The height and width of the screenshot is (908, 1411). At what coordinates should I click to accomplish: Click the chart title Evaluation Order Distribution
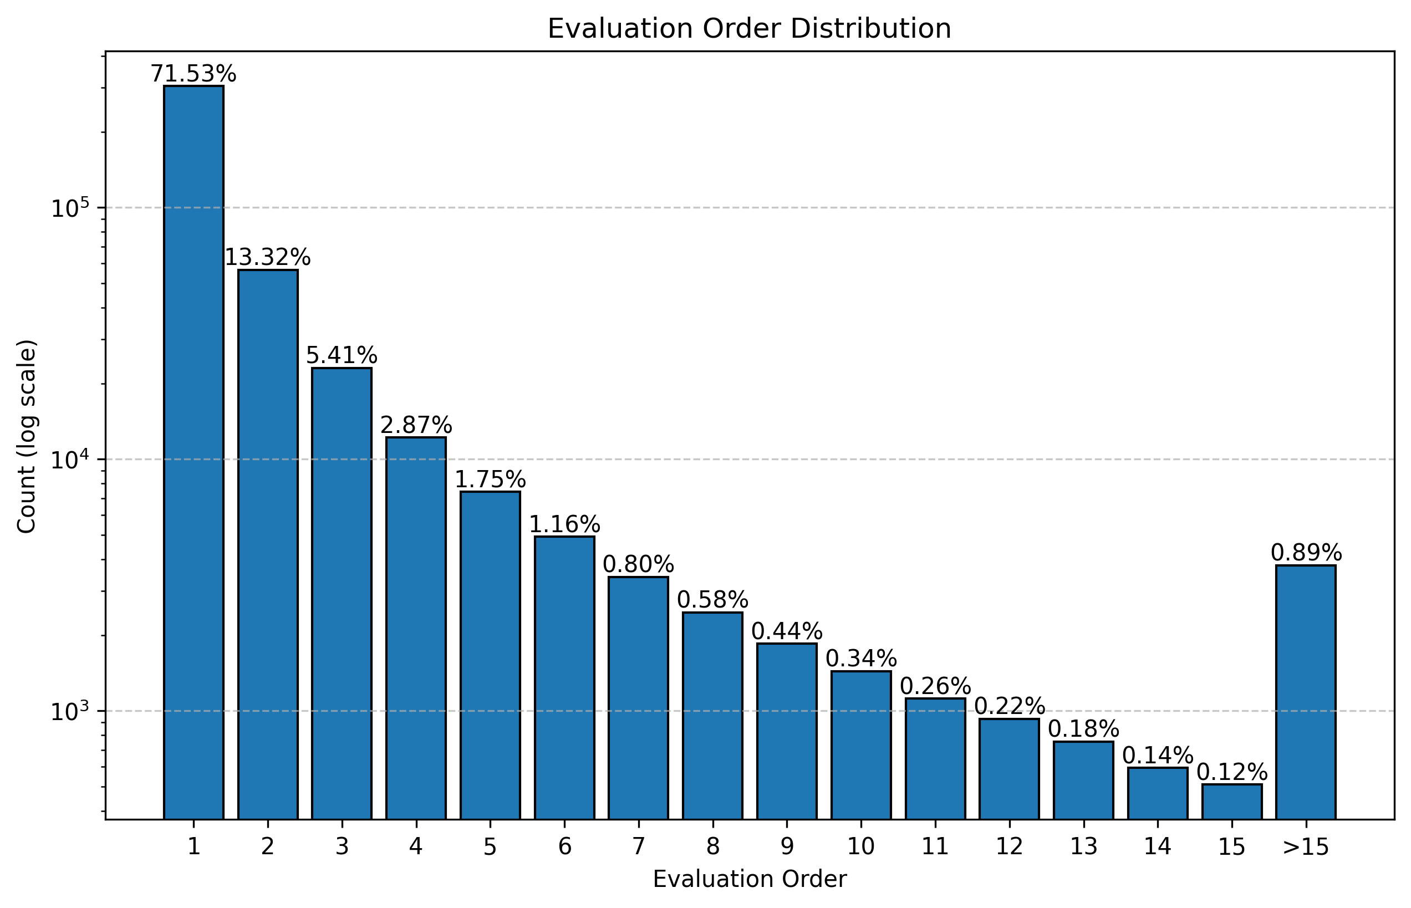coord(749,28)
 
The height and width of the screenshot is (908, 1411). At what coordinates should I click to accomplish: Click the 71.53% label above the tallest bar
coord(193,74)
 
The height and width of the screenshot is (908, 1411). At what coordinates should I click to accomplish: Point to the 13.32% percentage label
coord(268,258)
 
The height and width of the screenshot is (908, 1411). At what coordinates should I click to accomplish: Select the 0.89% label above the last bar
coord(1306,553)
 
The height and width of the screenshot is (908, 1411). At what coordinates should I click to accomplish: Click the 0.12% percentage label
coord(1232,772)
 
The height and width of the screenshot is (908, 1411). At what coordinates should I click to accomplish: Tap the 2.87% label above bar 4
coord(416,425)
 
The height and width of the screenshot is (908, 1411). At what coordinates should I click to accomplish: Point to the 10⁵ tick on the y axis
coord(69,209)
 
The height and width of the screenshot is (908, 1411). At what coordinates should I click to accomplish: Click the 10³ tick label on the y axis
coord(69,712)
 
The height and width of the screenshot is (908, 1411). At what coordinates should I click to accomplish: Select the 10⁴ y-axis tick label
coord(69,461)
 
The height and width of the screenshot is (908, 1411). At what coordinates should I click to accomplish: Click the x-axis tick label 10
coord(860,847)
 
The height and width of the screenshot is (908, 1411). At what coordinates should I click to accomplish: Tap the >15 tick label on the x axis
coord(1306,847)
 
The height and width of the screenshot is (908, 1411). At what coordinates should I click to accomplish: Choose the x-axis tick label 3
coord(342,847)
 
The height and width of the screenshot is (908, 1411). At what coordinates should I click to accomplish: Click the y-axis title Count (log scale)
coord(27,436)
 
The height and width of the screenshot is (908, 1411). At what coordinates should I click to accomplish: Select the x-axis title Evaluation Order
coord(749,879)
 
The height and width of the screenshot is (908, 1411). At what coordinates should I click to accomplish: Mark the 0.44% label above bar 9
coord(787,631)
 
